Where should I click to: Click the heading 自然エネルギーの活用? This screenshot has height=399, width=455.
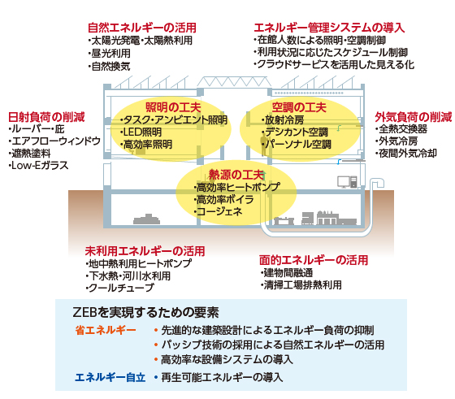point(142,28)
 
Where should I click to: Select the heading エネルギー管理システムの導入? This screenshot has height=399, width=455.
point(329,28)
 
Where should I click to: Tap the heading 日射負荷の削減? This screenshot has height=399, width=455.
point(46,117)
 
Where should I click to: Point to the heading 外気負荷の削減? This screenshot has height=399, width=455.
point(413,117)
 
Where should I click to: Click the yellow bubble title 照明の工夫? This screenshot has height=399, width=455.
point(173,107)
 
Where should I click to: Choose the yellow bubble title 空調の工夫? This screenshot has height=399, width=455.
point(299,107)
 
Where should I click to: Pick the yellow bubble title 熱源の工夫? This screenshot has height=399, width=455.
point(236,175)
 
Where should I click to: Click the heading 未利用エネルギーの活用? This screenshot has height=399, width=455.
point(145,251)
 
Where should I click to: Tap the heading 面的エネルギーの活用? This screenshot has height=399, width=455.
point(314,260)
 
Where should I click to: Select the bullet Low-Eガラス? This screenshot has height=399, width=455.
point(38,166)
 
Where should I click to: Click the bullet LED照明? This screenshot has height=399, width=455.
point(141,132)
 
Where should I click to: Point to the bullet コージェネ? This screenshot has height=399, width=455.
point(218,211)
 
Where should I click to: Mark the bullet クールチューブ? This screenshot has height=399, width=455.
point(119,288)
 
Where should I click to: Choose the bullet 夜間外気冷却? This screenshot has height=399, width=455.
point(405,154)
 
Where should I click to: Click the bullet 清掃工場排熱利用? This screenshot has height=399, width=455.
point(301,285)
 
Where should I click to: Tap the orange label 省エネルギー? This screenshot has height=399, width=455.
point(106,330)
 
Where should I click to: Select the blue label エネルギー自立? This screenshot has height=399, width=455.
point(110,378)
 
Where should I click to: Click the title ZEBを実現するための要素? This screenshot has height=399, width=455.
point(146,312)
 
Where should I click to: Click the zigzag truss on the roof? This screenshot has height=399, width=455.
point(234,81)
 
